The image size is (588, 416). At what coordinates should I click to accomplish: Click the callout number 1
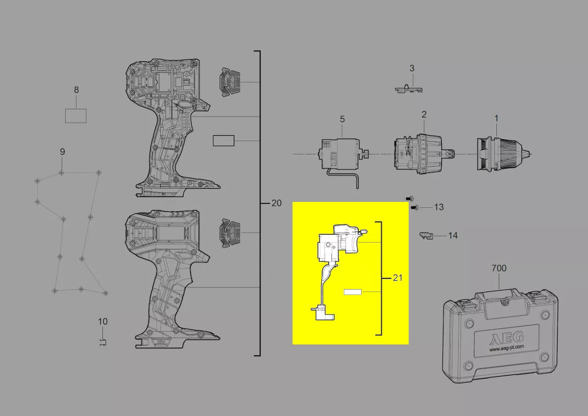496,118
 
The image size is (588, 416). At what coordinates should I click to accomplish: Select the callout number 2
424,114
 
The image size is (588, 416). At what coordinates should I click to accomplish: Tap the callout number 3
412,68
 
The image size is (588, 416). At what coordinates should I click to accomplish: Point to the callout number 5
342,119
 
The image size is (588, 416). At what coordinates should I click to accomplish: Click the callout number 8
76,90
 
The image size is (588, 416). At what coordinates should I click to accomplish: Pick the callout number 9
62,152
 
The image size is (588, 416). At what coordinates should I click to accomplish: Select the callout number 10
102,321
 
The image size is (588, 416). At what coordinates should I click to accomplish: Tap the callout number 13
439,207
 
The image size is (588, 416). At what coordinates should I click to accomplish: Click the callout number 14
453,236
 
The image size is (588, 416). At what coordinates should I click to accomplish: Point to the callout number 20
276,203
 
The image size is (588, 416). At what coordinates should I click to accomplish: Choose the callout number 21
397,278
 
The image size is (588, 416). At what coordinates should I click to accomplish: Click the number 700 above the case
499,268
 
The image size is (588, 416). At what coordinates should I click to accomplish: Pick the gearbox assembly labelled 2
419,153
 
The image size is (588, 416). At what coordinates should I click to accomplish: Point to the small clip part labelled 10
102,342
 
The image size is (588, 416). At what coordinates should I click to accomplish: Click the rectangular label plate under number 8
76,116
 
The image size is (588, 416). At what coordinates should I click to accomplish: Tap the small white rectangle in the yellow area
352,292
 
